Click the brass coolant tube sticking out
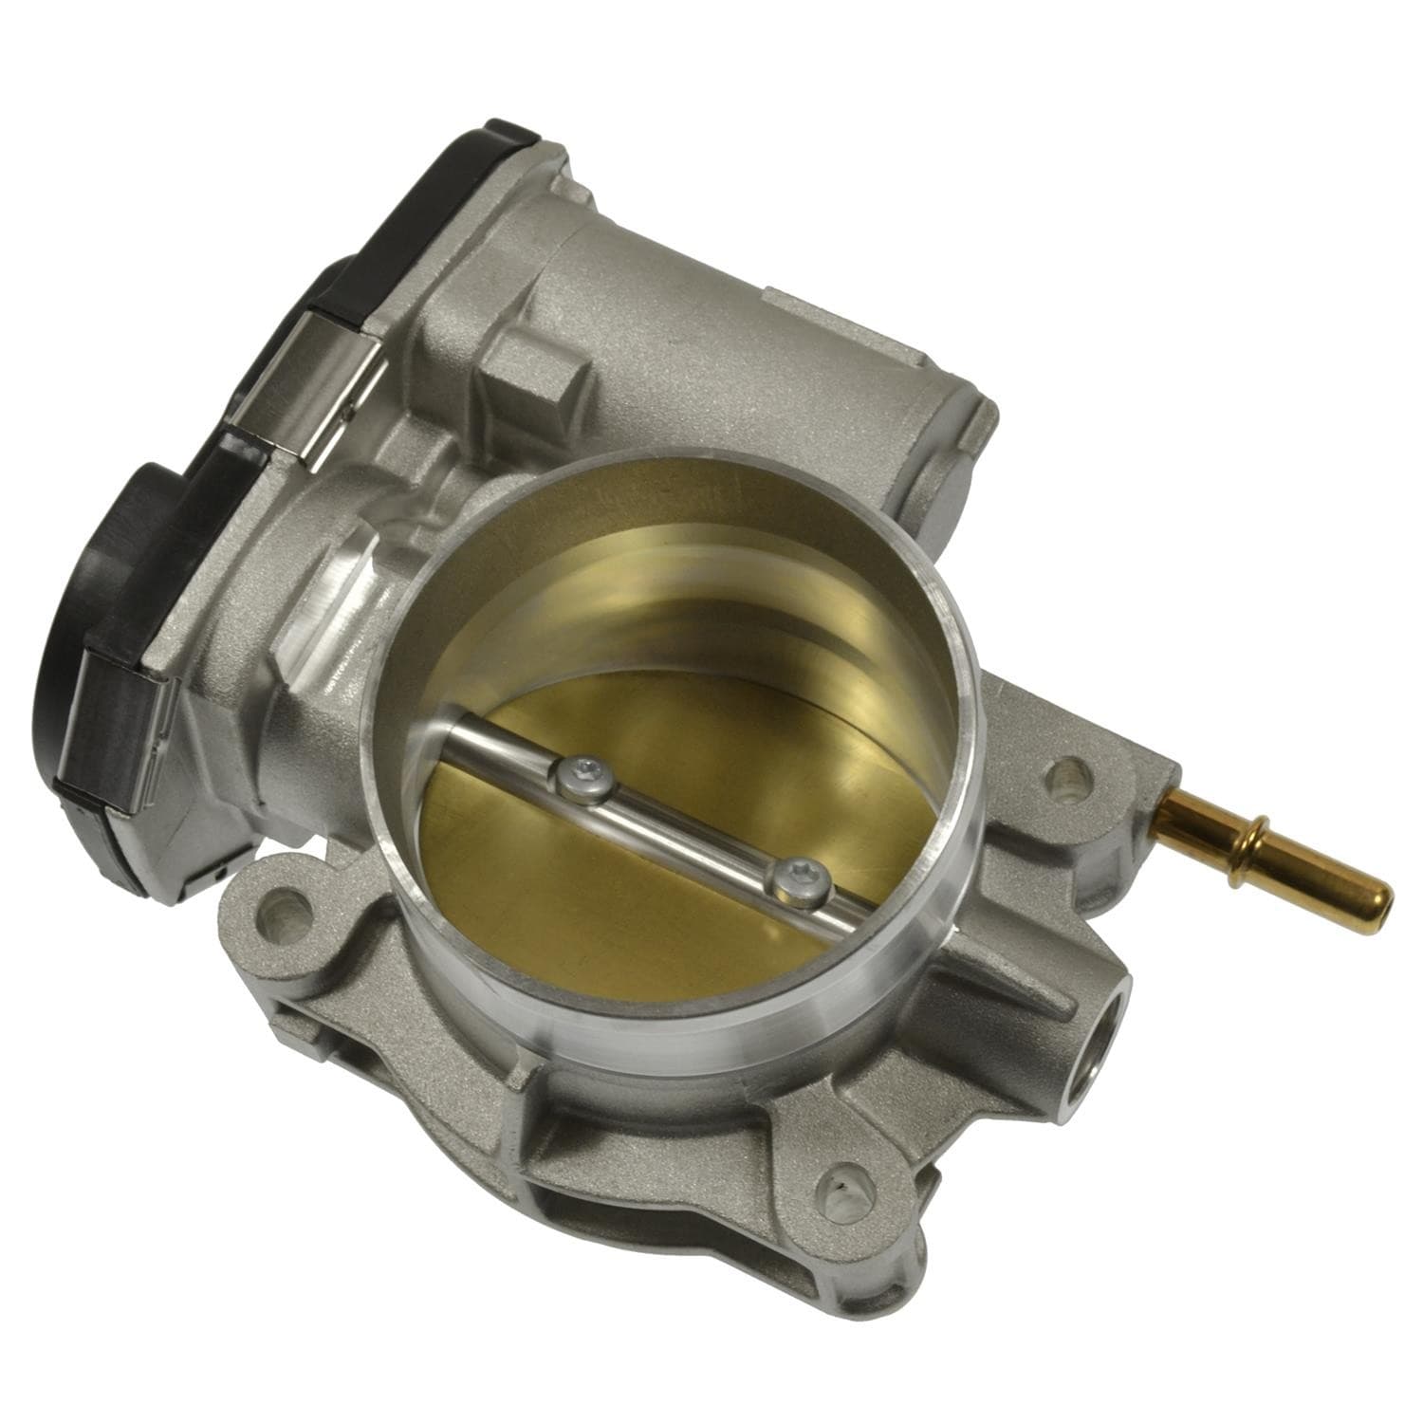click(1271, 844)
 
